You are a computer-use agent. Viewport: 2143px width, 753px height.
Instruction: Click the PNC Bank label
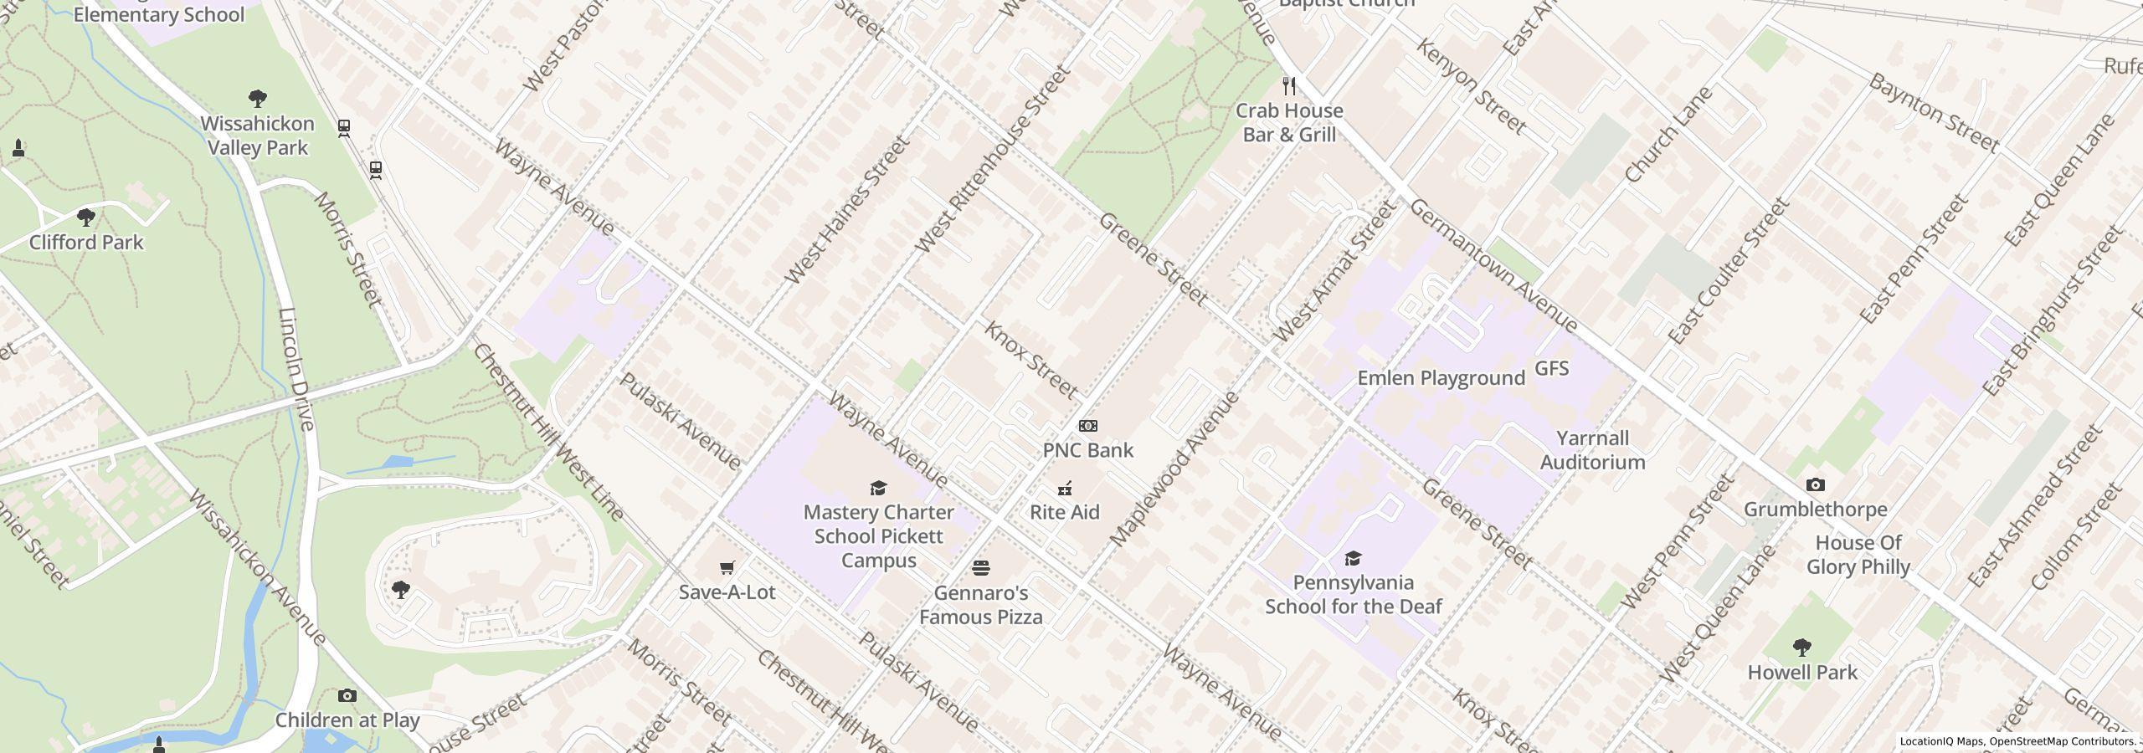[1087, 450]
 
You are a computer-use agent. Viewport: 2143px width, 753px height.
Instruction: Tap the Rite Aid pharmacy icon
[1065, 489]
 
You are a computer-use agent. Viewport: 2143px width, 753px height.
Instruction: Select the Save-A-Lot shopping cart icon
[727, 568]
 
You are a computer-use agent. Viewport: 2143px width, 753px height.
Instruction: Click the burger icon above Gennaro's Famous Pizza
[981, 569]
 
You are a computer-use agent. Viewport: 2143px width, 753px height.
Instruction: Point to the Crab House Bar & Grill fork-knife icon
[1289, 86]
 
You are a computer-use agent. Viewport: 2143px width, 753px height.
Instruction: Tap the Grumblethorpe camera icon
[1815, 485]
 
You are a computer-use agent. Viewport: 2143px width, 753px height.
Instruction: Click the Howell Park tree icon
[1802, 648]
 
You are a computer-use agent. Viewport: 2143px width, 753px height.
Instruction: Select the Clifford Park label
[86, 243]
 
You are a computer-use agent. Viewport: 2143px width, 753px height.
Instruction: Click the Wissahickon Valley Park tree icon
[258, 100]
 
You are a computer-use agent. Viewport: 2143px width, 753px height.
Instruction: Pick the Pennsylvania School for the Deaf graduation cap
[1353, 559]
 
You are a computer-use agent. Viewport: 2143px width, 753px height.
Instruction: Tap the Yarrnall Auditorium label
[1592, 450]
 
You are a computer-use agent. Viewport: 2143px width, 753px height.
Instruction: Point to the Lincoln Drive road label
[297, 368]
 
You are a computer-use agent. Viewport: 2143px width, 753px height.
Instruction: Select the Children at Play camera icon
[347, 696]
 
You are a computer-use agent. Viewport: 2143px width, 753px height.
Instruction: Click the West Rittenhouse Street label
[994, 159]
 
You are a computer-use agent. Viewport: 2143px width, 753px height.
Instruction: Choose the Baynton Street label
[1933, 112]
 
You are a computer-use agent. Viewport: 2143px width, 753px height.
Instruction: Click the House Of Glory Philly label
[1858, 555]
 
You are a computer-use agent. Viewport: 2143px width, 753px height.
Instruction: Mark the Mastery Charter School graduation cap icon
[878, 489]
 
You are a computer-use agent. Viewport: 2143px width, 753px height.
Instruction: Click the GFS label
[1551, 369]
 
